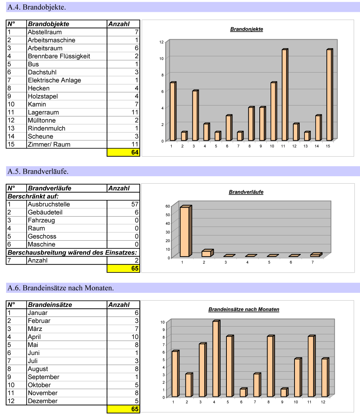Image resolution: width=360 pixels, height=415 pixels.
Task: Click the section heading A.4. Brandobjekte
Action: [37, 7]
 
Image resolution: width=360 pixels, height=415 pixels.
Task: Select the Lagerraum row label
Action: [43, 112]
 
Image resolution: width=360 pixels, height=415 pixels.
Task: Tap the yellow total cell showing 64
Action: [123, 153]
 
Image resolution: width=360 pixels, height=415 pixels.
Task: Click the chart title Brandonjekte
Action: [246, 29]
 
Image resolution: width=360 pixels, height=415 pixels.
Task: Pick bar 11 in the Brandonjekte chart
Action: [285, 94]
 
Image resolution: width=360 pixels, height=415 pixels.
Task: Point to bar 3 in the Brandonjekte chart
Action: [195, 116]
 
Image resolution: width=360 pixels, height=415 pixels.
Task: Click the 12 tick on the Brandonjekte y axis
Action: [161, 42]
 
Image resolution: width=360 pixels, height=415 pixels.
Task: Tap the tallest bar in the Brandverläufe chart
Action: [185, 231]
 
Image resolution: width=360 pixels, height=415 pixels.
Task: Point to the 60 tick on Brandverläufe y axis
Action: [168, 206]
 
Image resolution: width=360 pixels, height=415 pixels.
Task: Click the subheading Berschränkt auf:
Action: [33, 196]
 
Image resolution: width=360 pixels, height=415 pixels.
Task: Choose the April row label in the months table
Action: [34, 337]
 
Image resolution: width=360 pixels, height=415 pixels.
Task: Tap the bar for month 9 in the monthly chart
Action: [284, 392]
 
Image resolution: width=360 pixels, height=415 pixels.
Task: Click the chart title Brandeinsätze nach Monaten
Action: [243, 309]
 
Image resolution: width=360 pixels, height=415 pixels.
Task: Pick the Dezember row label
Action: [43, 401]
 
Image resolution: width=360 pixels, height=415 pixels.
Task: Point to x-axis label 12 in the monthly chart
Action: [323, 402]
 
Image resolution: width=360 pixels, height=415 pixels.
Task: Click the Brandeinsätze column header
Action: [50, 305]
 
